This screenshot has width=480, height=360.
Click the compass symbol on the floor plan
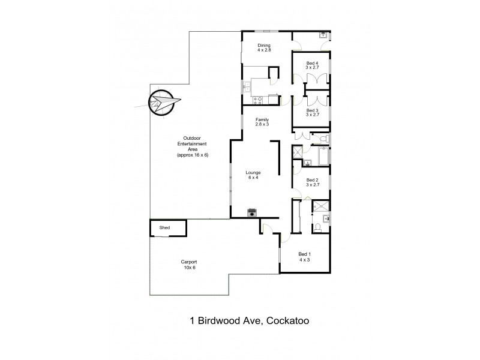point(161,103)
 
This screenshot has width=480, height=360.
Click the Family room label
point(262,122)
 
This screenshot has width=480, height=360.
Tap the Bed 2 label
point(312,182)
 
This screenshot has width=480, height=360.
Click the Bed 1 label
point(305,257)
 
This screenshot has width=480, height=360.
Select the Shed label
point(164,228)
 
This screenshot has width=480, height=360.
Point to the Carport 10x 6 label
point(189,265)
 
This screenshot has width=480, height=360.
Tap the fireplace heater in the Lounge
point(253,212)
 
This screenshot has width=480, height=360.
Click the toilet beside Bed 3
point(323,140)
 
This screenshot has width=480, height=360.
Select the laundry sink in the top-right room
point(323,35)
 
